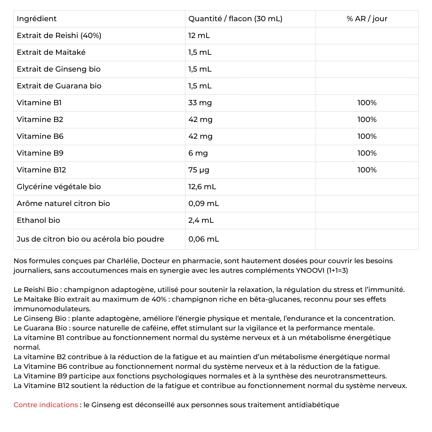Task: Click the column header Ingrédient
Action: (37, 19)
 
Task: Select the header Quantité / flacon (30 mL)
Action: (235, 19)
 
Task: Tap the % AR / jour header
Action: (367, 19)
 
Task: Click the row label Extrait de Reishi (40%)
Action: (59, 36)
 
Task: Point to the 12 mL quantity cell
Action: (199, 36)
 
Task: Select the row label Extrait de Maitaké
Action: (51, 52)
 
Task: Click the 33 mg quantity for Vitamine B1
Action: (200, 103)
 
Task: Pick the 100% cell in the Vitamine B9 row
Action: (367, 153)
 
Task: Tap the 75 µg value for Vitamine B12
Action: (199, 170)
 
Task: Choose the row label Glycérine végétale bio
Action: (58, 187)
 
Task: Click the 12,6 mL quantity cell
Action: (202, 187)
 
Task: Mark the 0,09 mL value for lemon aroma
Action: (204, 204)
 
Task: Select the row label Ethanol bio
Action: (38, 220)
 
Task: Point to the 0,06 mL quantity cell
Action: (204, 239)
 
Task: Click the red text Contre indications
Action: (46, 405)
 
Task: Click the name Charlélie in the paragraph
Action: (122, 261)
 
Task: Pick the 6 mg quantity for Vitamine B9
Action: (198, 153)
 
